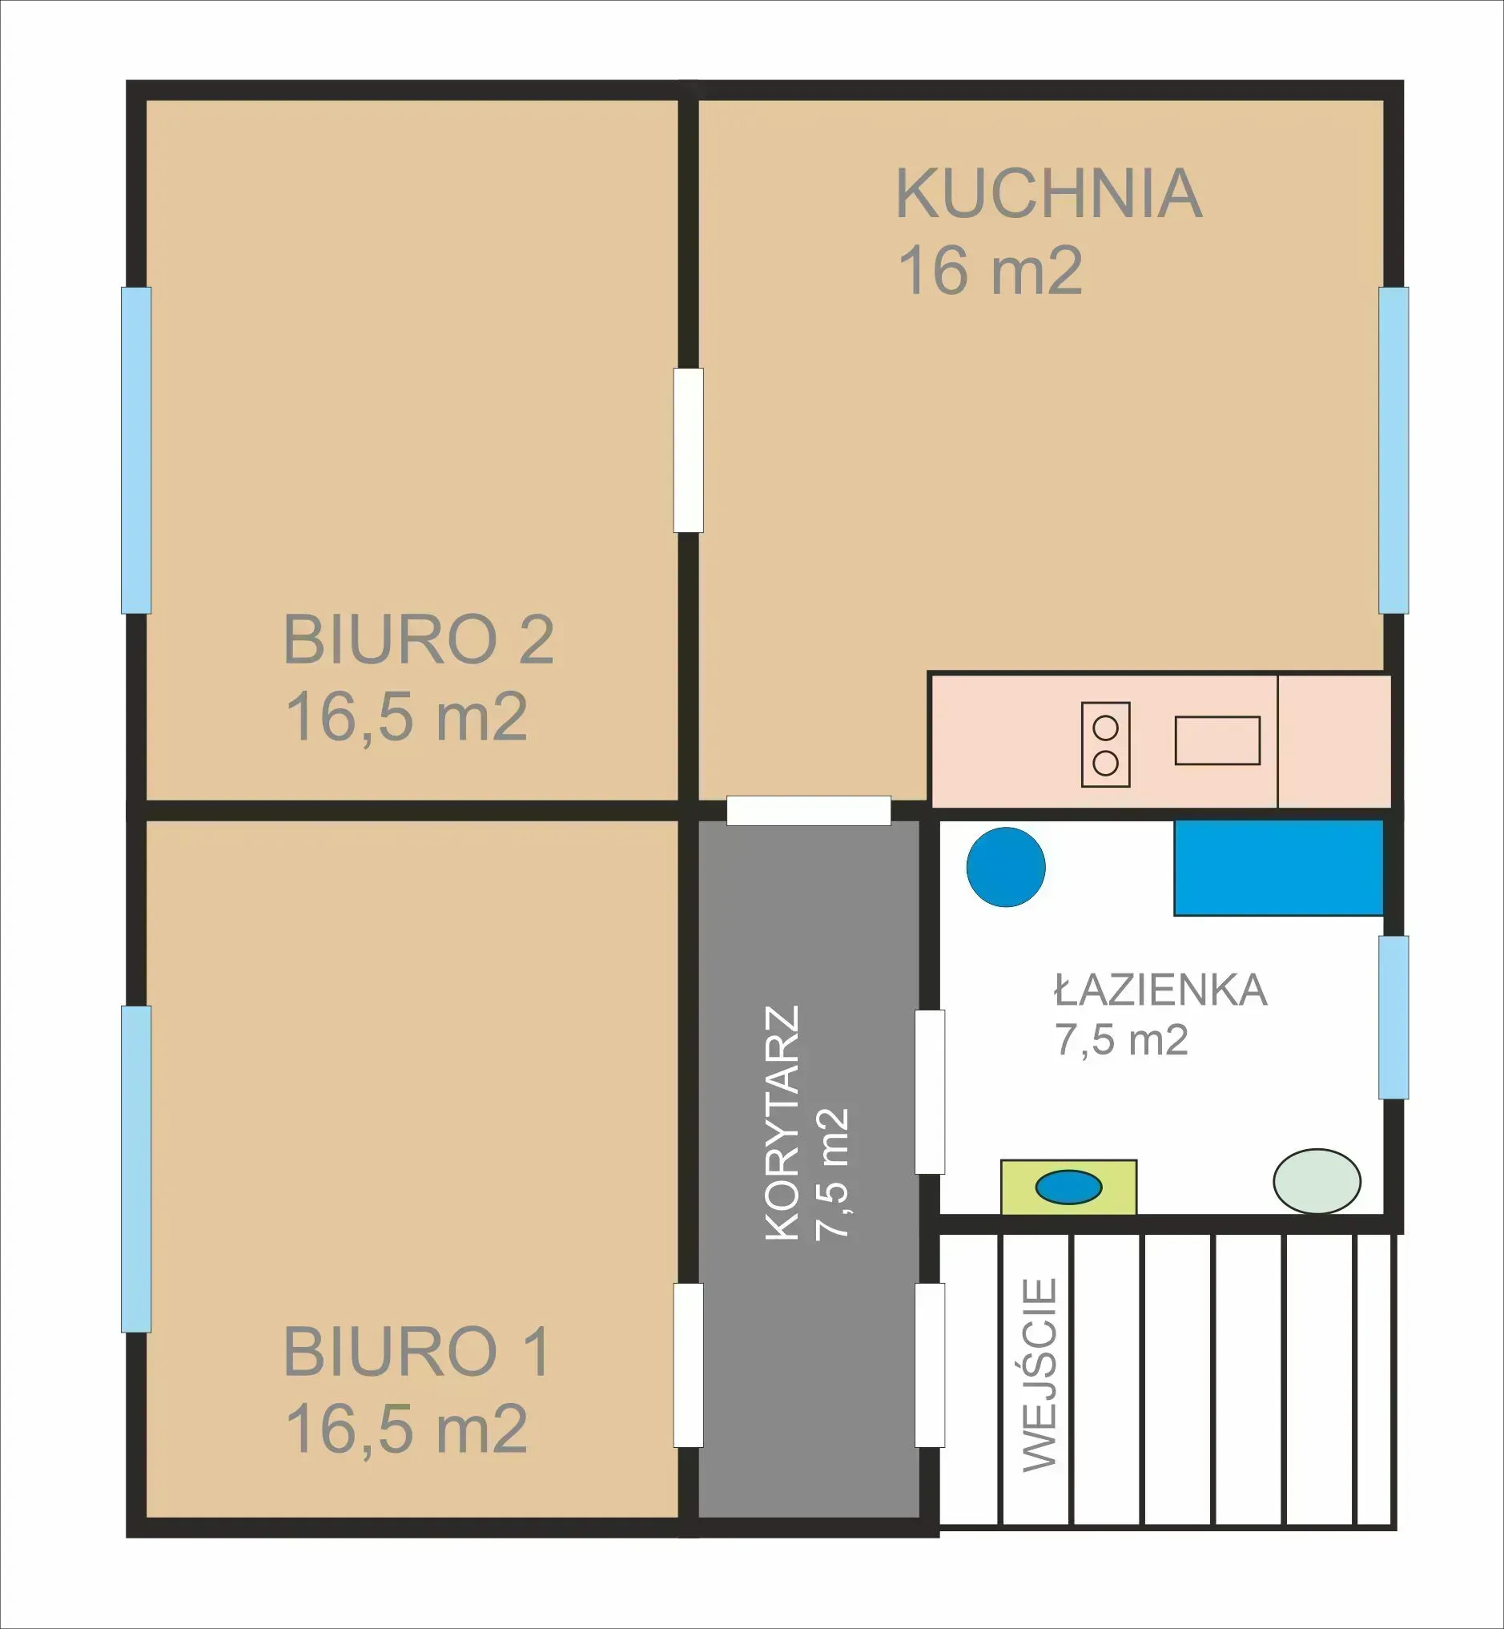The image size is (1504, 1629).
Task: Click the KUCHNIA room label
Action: coord(1048,194)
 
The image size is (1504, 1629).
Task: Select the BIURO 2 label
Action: coord(418,640)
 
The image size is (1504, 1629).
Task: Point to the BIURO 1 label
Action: coord(416,1353)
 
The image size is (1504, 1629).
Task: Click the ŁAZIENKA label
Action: coord(1160,990)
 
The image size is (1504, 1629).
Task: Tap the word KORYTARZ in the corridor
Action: coord(783,1123)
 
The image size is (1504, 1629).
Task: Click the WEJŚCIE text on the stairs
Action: coord(1040,1375)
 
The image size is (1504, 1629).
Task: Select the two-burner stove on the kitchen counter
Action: coord(1105,745)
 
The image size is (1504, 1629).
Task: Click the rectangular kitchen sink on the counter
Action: coord(1216,740)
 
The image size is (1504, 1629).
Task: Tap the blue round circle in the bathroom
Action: coord(1006,867)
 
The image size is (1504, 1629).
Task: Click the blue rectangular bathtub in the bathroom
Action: coord(1277,867)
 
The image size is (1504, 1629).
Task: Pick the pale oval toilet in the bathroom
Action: coord(1316,1180)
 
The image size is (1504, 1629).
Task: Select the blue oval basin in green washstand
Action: coord(1068,1186)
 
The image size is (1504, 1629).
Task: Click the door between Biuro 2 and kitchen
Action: coord(689,450)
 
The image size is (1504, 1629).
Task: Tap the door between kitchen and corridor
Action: coord(808,811)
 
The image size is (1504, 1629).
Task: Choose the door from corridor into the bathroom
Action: coord(930,1091)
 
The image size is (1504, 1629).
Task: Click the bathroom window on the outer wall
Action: coord(1393,1017)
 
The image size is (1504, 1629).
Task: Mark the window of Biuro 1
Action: coord(136,1169)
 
